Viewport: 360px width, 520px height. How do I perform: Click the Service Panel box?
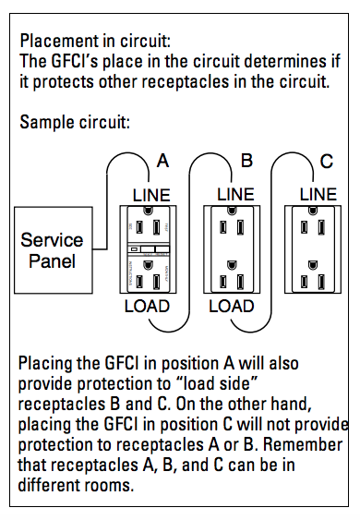pyautogui.click(x=54, y=250)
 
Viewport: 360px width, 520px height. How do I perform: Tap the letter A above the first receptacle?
pyautogui.click(x=162, y=161)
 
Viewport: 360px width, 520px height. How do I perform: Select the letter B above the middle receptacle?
pyautogui.click(x=247, y=161)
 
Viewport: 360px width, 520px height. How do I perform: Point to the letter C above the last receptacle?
pyautogui.click(x=327, y=162)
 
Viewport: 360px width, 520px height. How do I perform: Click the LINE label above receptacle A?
pyautogui.click(x=151, y=195)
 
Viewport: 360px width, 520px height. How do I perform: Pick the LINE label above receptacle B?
pyautogui.click(x=235, y=194)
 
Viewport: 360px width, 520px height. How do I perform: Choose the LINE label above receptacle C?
pyautogui.click(x=318, y=194)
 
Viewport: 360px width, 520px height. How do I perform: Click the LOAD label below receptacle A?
pyautogui.click(x=147, y=307)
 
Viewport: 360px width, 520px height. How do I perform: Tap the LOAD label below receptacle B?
pyautogui.click(x=232, y=307)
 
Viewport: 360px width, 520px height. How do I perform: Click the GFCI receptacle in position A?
pyautogui.click(x=148, y=249)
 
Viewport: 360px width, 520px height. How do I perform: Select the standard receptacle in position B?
pyautogui.click(x=232, y=249)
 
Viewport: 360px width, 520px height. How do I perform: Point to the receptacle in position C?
pyautogui.click(x=313, y=249)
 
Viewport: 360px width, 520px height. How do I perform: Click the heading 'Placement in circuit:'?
pyautogui.click(x=95, y=42)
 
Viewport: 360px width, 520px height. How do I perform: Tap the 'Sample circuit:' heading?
pyautogui.click(x=75, y=122)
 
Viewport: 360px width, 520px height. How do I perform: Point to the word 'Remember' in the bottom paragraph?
pyautogui.click(x=303, y=444)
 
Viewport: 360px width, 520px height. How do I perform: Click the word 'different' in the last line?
pyautogui.click(x=49, y=485)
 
